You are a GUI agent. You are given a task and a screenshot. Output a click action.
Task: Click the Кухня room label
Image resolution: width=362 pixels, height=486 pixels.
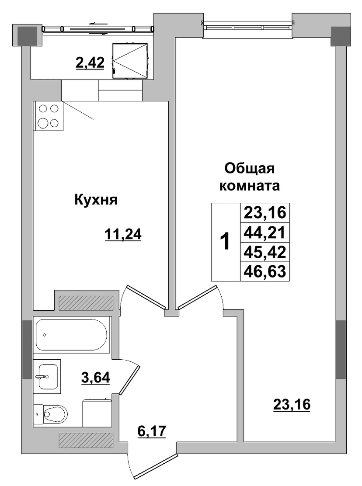[x=96, y=200]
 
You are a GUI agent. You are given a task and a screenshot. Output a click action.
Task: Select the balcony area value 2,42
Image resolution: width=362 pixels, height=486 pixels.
[x=90, y=63]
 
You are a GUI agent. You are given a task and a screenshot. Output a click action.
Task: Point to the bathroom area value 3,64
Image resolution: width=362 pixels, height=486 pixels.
[x=96, y=378]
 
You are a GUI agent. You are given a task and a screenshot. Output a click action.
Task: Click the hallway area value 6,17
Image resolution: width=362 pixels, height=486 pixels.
[x=152, y=431]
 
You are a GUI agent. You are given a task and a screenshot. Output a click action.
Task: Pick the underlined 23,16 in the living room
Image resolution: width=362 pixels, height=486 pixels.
[x=292, y=404]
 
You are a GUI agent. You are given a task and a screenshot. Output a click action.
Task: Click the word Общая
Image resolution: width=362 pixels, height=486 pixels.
[x=250, y=169]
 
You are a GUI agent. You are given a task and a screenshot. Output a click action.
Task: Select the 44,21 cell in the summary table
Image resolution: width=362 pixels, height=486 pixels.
[x=265, y=232]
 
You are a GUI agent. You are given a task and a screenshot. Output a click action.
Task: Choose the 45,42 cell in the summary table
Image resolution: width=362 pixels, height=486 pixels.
[x=265, y=252]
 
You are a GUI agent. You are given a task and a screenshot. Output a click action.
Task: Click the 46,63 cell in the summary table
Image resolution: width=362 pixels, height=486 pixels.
[x=265, y=271]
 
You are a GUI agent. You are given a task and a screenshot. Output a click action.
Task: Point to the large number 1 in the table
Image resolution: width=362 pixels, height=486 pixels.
[x=225, y=242]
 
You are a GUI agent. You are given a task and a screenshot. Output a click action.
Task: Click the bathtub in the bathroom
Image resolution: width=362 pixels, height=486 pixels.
[x=72, y=334]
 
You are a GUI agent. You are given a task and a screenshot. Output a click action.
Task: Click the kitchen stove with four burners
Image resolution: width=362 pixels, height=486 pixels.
[x=49, y=116]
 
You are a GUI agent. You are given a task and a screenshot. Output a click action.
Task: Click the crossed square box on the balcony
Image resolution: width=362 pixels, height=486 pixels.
[x=130, y=61]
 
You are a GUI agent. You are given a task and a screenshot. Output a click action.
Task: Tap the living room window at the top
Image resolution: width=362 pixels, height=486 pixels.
[x=247, y=26]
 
